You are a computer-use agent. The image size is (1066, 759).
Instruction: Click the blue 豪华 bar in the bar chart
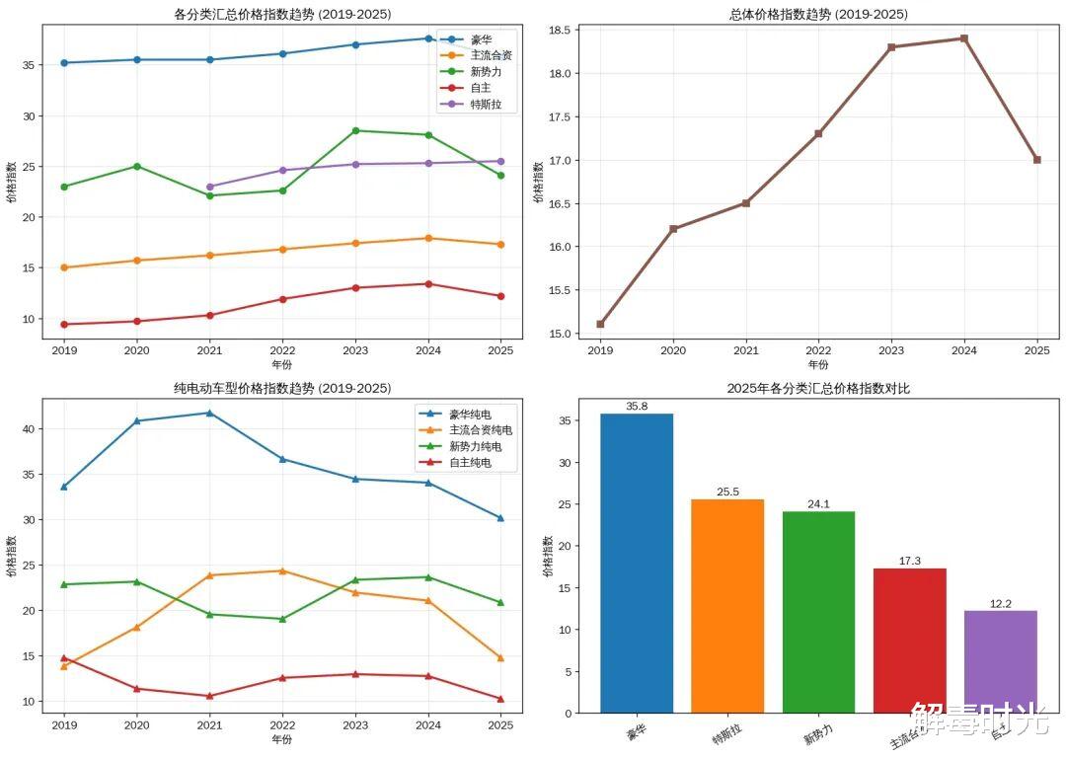(637, 563)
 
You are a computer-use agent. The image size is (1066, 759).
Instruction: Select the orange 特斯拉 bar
(727, 606)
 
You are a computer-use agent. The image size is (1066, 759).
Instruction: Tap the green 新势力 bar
(818, 612)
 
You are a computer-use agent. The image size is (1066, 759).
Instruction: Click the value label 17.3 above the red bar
(909, 561)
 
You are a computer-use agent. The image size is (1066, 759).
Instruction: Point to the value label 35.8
(637, 406)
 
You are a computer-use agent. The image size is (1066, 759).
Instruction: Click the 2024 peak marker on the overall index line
(963, 38)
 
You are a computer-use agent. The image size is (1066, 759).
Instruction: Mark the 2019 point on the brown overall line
(600, 324)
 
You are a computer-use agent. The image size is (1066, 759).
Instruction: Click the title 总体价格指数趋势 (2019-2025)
(818, 14)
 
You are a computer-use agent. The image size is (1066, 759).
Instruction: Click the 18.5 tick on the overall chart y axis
(560, 31)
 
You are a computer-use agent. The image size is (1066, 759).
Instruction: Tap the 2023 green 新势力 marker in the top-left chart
(355, 130)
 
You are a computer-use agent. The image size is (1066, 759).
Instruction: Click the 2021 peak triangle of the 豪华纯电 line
(209, 413)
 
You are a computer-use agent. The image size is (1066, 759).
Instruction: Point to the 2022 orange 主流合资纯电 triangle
(282, 570)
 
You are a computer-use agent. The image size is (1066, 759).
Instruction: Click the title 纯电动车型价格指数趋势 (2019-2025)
(282, 388)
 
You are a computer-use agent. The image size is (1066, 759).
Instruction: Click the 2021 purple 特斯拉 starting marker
(209, 187)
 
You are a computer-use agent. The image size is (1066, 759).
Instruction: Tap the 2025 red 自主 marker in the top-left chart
(500, 296)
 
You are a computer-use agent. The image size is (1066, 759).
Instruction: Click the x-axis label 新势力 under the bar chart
(818, 736)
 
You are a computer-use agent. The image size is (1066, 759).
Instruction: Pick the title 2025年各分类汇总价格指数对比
(818, 388)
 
